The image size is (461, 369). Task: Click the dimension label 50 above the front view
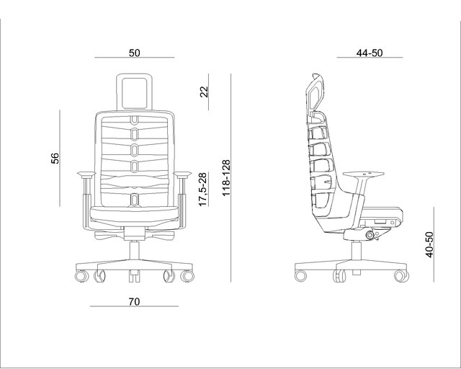click(x=135, y=53)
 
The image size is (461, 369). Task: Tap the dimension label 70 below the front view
click(x=134, y=302)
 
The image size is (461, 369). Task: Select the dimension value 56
click(x=55, y=158)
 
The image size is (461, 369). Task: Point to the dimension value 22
click(x=204, y=92)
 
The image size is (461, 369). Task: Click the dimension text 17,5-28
click(x=203, y=190)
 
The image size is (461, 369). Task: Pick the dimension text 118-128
click(x=225, y=178)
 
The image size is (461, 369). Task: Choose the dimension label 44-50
click(x=370, y=53)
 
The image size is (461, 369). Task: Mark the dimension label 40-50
click(x=429, y=245)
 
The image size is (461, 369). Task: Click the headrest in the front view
click(x=135, y=92)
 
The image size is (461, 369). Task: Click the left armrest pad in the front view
click(x=86, y=174)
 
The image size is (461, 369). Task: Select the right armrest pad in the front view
click(x=182, y=174)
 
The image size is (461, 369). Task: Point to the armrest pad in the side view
click(x=364, y=174)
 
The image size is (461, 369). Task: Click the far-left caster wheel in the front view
click(x=81, y=276)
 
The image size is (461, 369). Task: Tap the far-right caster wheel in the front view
click(x=187, y=276)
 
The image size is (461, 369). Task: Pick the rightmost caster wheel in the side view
click(x=401, y=276)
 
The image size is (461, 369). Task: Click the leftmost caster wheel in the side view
click(x=300, y=276)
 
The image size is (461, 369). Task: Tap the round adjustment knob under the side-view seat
click(x=369, y=235)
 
